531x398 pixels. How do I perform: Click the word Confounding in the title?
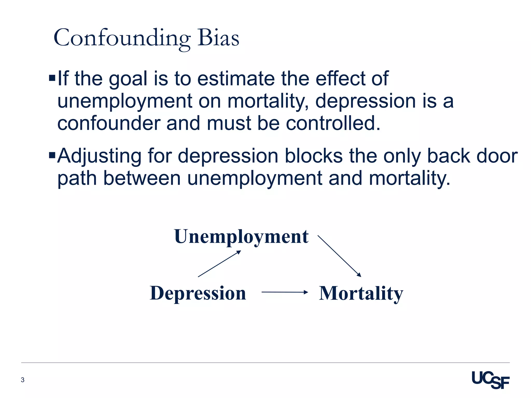point(122,38)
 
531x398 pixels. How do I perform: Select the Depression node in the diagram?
point(198,293)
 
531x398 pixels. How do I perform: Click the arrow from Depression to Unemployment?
point(219,264)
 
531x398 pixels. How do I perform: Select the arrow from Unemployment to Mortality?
point(339,256)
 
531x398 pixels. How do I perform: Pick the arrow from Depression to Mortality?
point(284,292)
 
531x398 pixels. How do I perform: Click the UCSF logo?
point(490,380)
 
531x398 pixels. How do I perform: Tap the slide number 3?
point(23,380)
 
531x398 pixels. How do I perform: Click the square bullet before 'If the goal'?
point(52,78)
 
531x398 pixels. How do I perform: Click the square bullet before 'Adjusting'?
point(52,155)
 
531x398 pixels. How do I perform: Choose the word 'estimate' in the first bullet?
point(236,79)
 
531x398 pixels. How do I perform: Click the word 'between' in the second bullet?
point(142,178)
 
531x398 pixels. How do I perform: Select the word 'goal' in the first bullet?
point(128,79)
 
